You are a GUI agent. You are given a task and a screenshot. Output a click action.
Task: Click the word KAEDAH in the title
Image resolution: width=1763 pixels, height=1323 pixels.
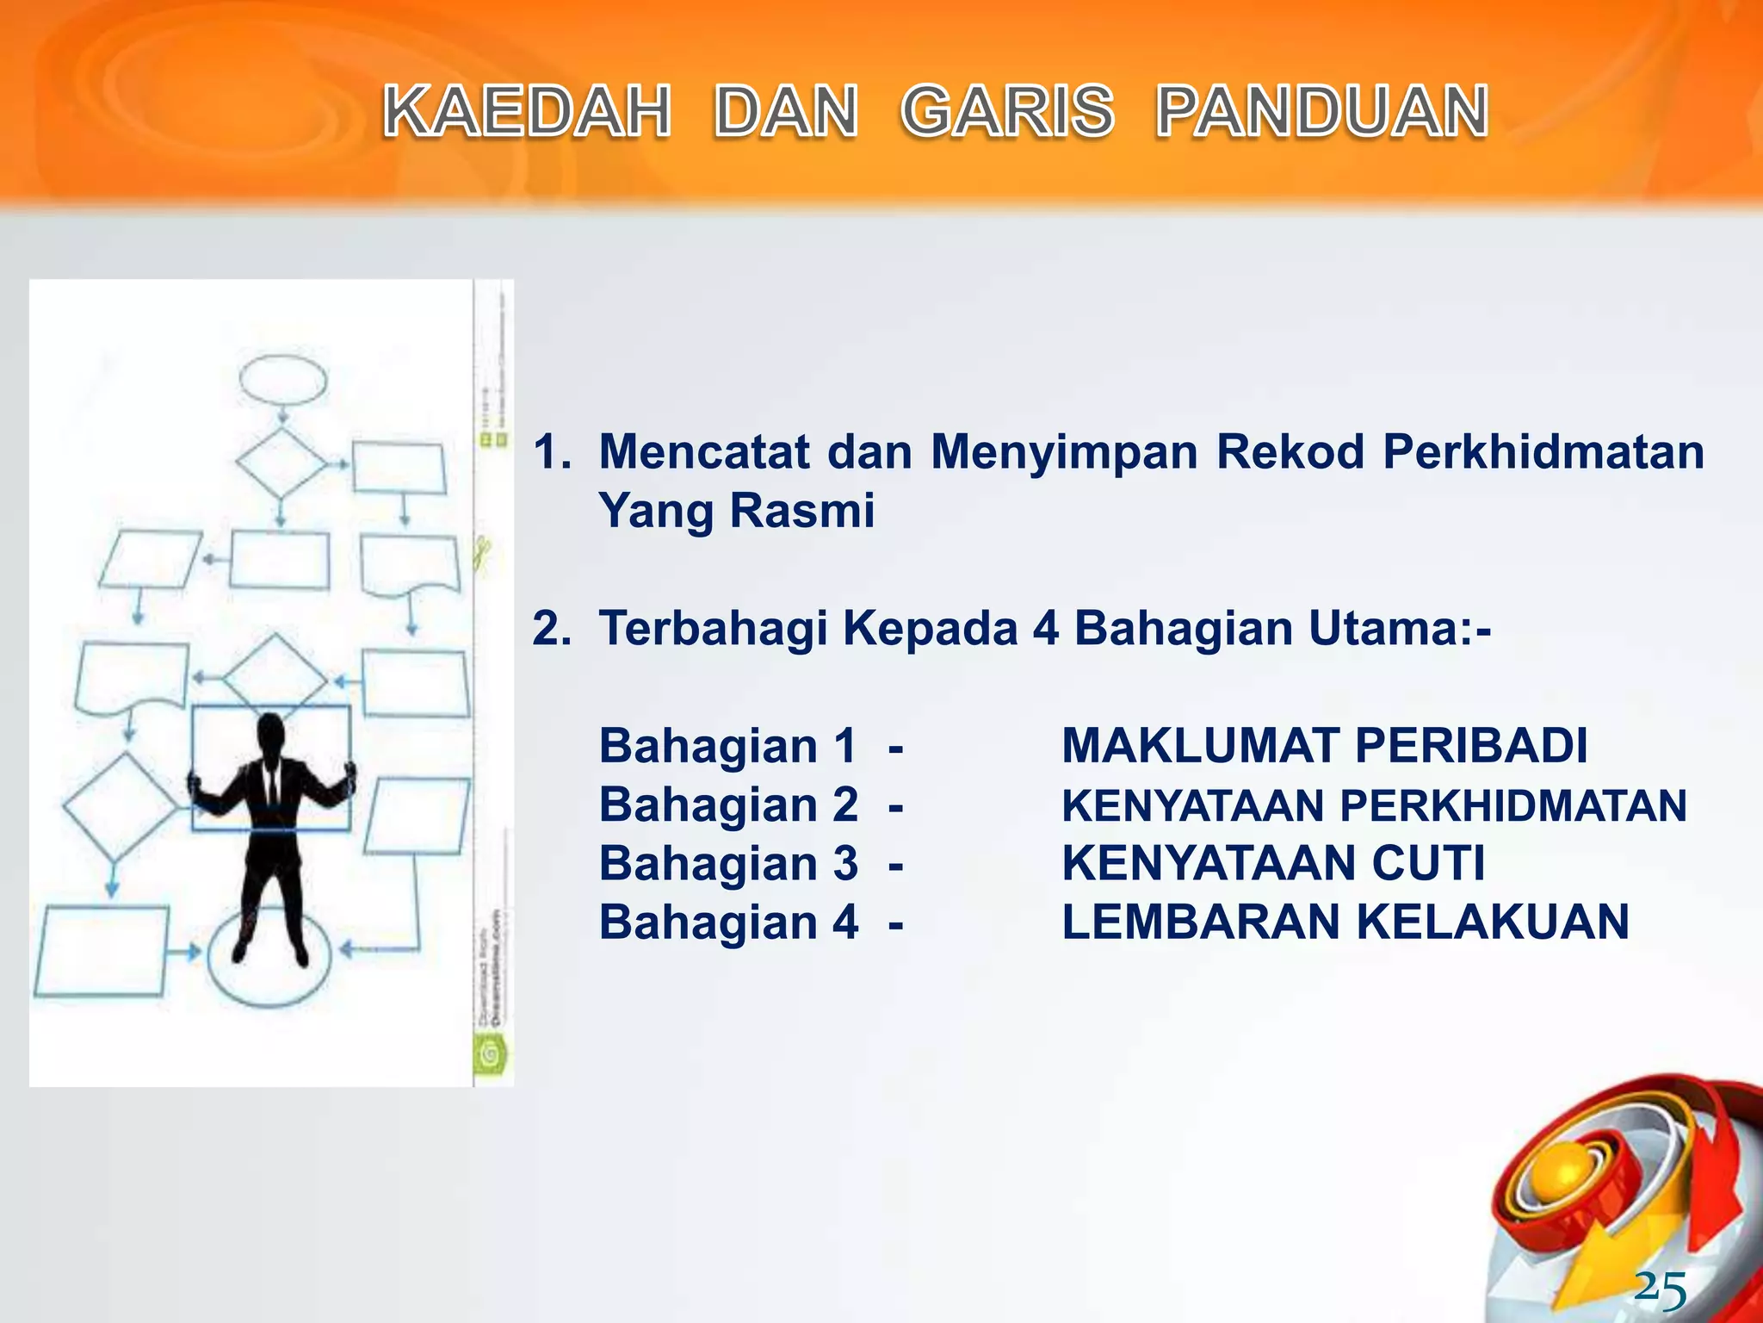tap(527, 112)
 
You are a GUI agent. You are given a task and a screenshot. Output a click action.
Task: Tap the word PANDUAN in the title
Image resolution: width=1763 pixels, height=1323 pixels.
tap(1322, 112)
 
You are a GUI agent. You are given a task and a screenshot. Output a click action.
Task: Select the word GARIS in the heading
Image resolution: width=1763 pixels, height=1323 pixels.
tap(1007, 112)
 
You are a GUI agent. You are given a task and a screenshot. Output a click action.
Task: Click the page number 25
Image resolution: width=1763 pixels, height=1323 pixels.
tap(1661, 1289)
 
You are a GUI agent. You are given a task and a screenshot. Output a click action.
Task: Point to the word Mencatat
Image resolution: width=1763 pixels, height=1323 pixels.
tap(704, 451)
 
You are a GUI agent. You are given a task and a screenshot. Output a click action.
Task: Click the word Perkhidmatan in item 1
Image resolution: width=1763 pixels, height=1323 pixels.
tap(1543, 451)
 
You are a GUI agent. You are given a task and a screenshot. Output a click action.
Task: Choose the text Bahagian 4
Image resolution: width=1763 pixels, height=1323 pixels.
tap(728, 922)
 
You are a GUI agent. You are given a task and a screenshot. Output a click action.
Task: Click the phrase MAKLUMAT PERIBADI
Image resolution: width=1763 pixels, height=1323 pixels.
tap(1324, 746)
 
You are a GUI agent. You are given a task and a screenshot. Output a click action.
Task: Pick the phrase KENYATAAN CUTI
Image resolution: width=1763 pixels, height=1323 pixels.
tap(1273, 863)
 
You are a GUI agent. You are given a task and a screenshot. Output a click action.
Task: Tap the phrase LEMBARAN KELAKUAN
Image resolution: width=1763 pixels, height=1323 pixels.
tap(1345, 922)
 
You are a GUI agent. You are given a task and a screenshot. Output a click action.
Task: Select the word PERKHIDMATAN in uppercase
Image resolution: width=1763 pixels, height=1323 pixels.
tap(1512, 806)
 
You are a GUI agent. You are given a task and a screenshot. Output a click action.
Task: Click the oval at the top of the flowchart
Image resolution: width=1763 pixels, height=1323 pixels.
tap(283, 380)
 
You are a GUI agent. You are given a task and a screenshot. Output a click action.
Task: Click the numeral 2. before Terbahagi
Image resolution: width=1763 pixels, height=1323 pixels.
tap(551, 628)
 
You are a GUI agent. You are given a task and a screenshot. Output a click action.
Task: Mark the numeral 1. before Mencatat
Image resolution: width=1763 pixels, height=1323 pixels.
tap(551, 451)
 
